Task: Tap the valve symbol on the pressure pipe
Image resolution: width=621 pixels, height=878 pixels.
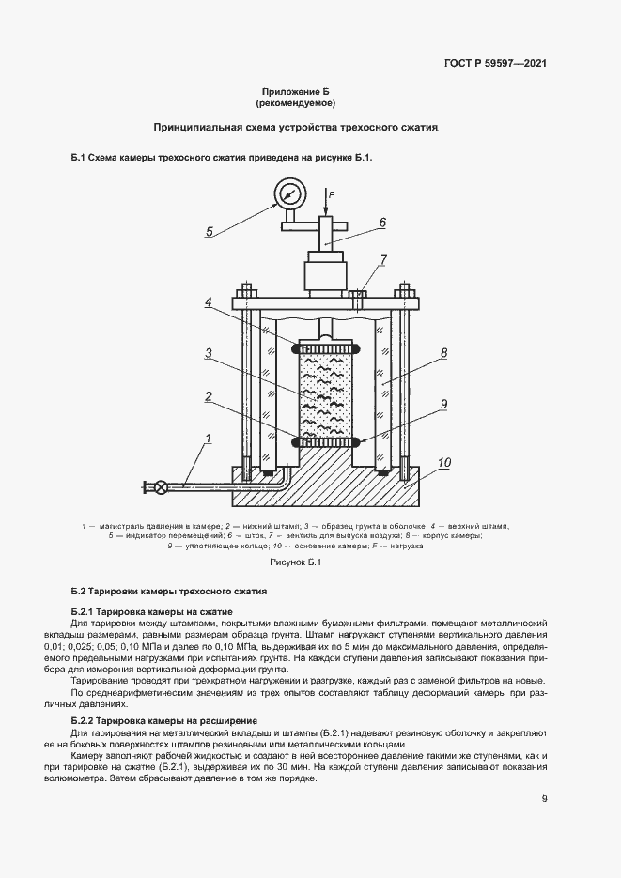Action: tap(162, 485)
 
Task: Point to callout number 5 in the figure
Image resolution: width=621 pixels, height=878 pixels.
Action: tap(210, 231)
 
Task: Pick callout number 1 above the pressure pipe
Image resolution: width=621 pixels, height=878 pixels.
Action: tap(208, 438)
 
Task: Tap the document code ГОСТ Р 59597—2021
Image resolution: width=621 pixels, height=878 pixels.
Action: tap(495, 64)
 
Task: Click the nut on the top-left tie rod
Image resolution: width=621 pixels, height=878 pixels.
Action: tap(247, 293)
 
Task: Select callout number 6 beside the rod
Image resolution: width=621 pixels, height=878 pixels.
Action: tap(382, 223)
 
